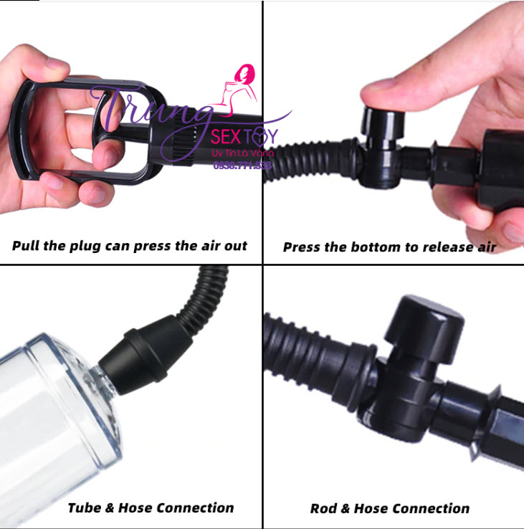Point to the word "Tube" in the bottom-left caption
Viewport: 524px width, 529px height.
coord(85,507)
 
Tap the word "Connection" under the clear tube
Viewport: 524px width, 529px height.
coord(195,507)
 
